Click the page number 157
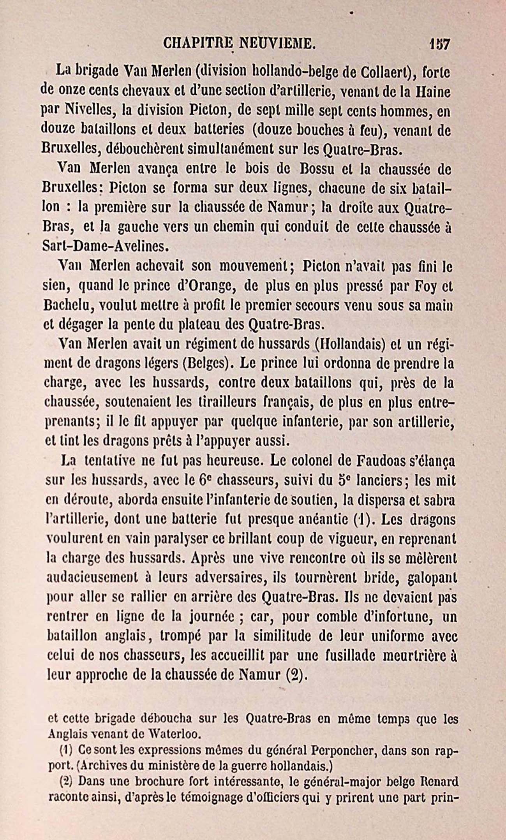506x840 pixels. pyautogui.click(x=439, y=43)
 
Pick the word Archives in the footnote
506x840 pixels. pyautogui.click(x=102, y=766)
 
